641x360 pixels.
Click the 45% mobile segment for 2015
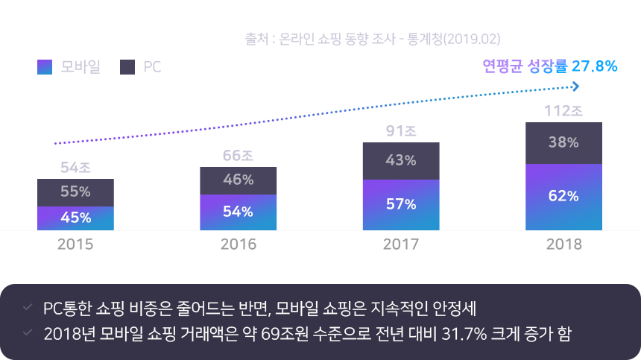[x=75, y=218]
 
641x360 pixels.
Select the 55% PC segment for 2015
[x=75, y=192]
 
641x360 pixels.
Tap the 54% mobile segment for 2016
[x=238, y=212]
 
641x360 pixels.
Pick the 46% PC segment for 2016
[x=238, y=180]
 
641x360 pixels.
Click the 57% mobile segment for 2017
[x=401, y=204]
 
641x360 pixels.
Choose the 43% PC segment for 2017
[x=401, y=160]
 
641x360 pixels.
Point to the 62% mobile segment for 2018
[x=563, y=196]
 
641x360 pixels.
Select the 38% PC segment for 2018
[x=563, y=142]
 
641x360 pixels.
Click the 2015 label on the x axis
[x=75, y=244]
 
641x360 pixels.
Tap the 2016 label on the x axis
[x=238, y=244]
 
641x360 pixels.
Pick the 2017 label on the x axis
[x=401, y=244]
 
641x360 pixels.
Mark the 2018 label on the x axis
[x=563, y=244]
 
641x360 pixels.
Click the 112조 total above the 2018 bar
[x=563, y=112]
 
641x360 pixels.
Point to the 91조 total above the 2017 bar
[x=401, y=132]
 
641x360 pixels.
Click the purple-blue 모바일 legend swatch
[x=43, y=67]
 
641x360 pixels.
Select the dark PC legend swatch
[x=127, y=67]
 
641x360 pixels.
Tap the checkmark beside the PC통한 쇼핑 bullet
[x=28, y=307]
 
